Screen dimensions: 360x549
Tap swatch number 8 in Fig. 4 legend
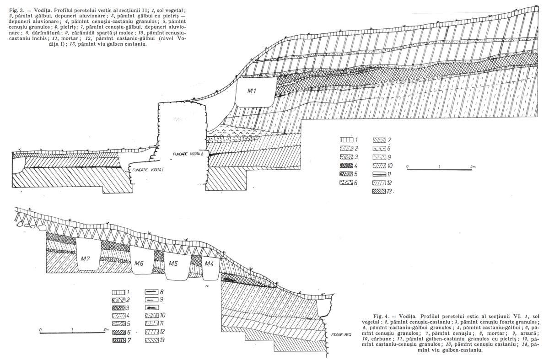click(151, 291)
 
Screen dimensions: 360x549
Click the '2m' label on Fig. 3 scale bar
click(473, 167)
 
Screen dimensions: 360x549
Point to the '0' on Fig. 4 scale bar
click(41, 329)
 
